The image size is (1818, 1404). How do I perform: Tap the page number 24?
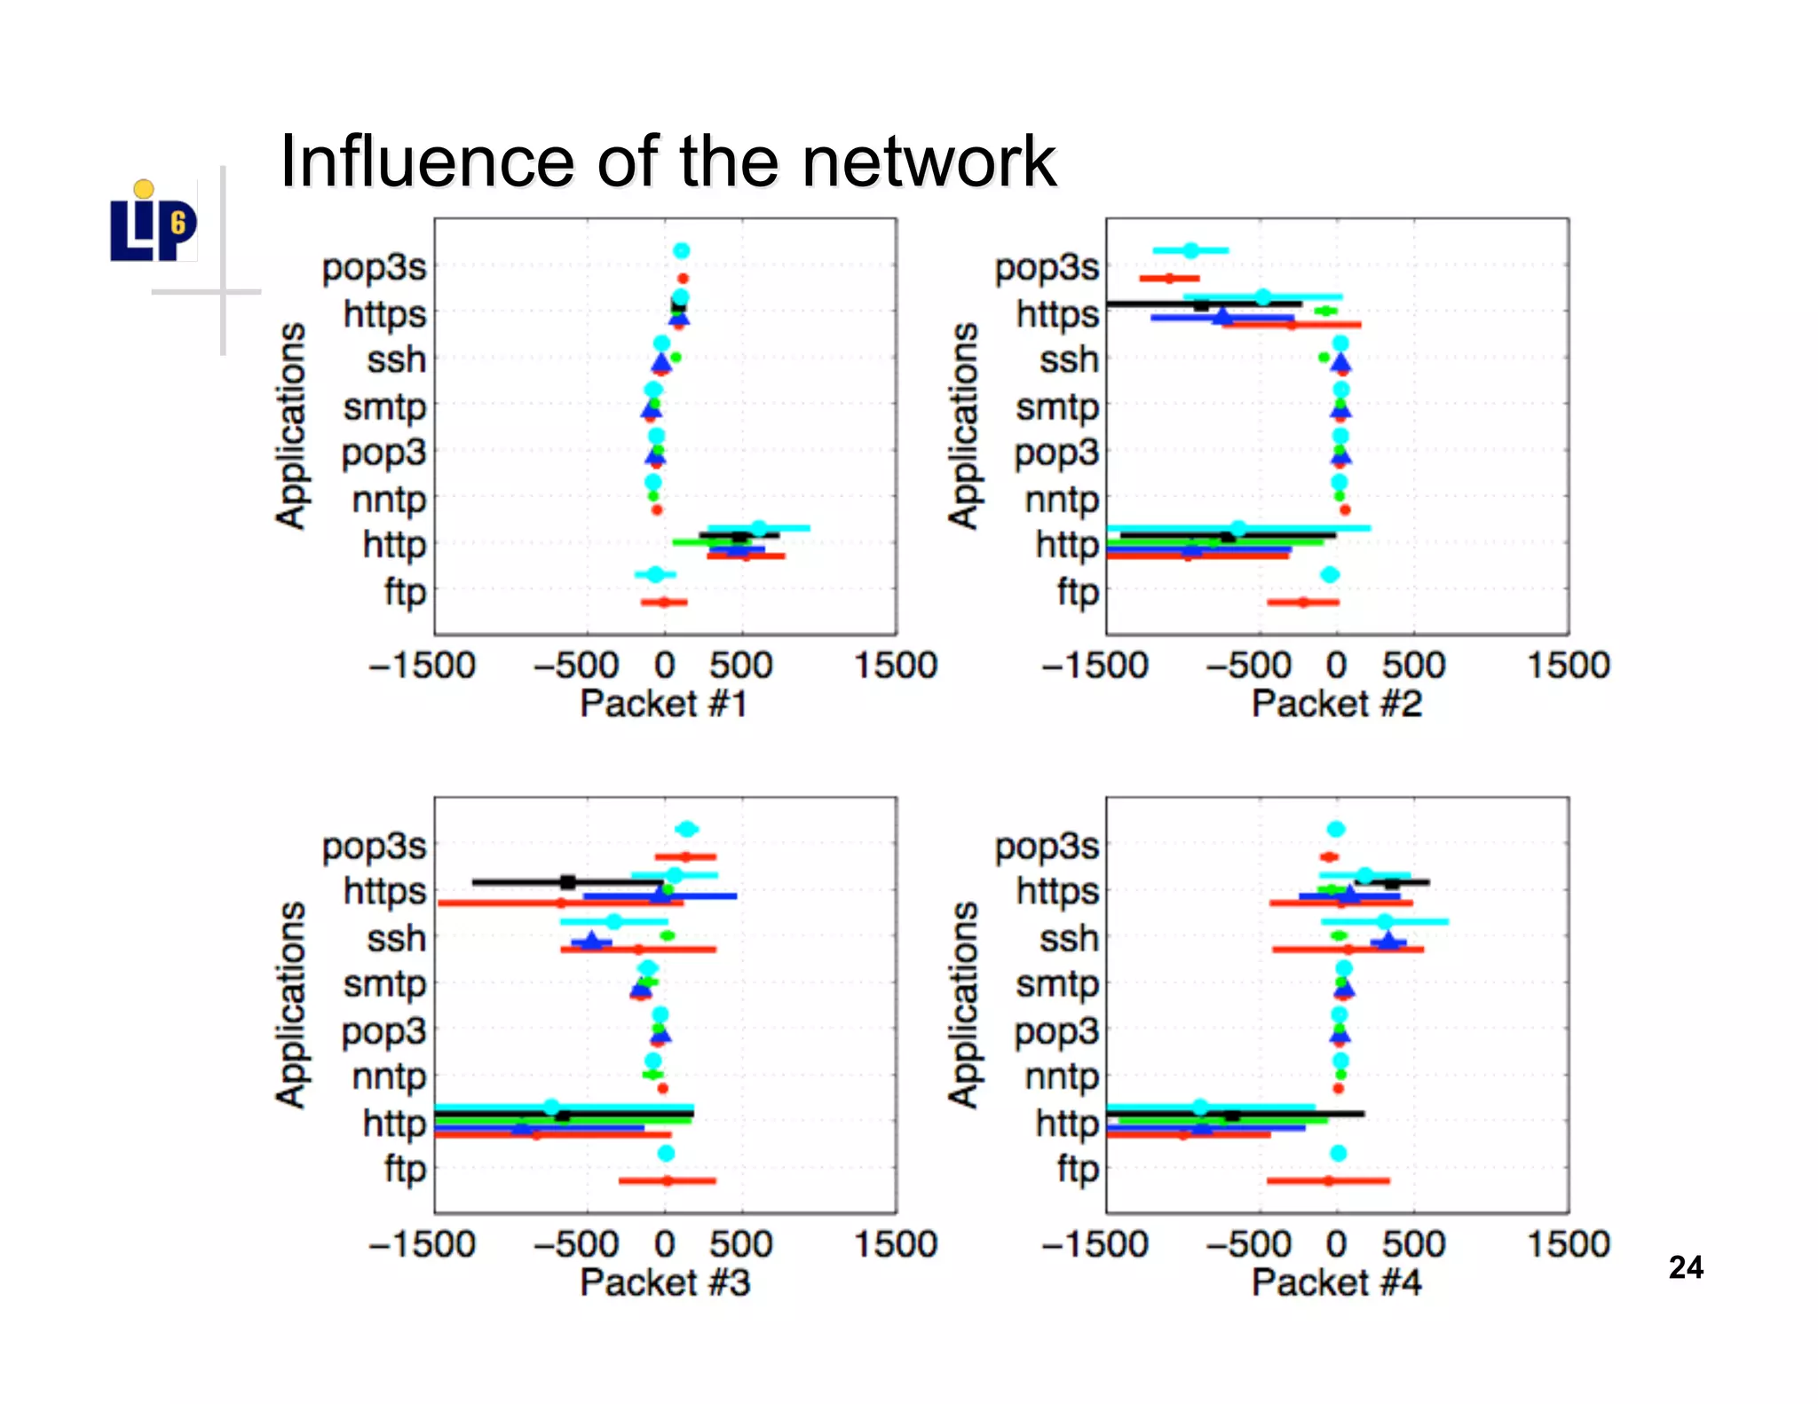tap(1685, 1267)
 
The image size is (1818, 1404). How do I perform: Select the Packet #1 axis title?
tap(663, 704)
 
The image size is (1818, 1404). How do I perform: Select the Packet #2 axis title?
tap(1336, 704)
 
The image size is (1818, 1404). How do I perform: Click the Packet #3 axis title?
tap(664, 1282)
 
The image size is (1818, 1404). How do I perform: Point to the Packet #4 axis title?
tap(1336, 1282)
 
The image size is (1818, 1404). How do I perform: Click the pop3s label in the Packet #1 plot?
tap(374, 267)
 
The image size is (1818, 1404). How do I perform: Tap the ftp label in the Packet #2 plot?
tap(1078, 591)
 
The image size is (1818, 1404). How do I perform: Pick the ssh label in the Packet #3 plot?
tap(396, 938)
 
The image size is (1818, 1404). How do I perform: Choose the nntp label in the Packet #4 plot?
tap(1062, 1077)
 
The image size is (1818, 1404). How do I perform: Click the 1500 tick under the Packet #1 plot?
tap(895, 666)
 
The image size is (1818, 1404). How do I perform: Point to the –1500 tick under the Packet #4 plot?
tap(1095, 1244)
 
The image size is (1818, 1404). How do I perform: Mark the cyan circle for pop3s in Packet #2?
tap(1190, 250)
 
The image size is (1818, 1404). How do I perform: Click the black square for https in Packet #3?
tap(568, 881)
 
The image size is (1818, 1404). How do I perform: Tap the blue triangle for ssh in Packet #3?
tap(592, 941)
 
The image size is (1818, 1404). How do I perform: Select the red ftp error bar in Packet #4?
tap(1328, 1181)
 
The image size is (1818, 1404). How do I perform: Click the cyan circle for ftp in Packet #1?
tap(656, 574)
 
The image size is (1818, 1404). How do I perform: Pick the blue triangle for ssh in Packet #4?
tap(1388, 941)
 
